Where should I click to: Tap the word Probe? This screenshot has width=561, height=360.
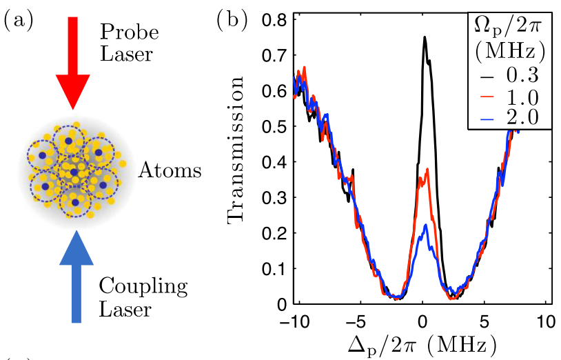click(x=130, y=32)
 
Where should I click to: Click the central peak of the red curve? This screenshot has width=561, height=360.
click(x=427, y=170)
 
